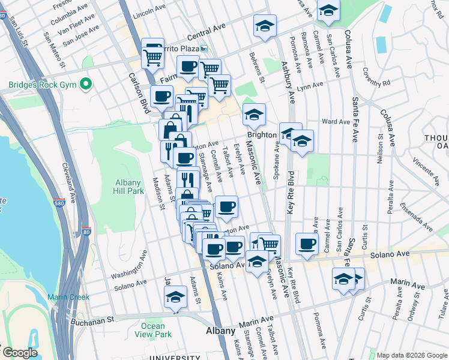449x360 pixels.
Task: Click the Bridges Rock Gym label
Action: pos(42,85)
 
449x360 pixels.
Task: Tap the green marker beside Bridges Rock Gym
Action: pos(86,84)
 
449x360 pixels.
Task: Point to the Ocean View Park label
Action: pos(154,330)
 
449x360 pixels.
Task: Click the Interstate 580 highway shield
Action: pos(58,205)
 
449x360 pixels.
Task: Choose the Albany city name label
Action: pos(220,331)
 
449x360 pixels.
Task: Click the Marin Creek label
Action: pos(69,297)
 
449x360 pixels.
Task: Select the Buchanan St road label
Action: pos(93,320)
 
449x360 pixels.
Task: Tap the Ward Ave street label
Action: pos(336,122)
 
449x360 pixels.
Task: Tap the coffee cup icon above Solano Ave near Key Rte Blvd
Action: pos(307,244)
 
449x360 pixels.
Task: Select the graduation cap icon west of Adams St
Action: pos(176,297)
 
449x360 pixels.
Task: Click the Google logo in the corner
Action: pos(19,353)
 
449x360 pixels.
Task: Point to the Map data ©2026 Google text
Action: pos(411,355)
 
